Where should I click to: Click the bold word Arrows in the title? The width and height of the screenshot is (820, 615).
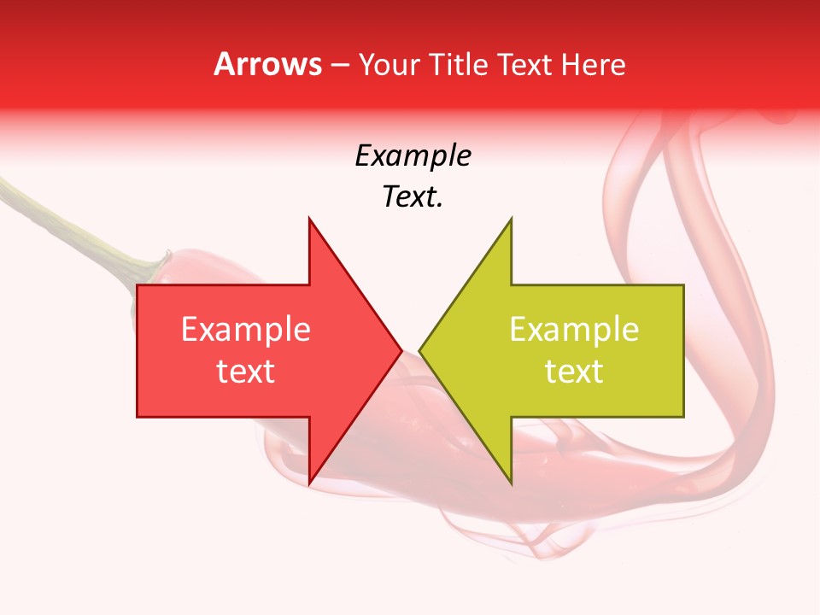point(268,65)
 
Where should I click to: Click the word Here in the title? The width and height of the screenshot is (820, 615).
point(593,65)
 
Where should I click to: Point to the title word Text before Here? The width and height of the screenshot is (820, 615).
point(524,65)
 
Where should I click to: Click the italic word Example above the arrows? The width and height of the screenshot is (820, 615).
point(413,156)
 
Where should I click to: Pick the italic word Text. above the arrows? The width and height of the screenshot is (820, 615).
point(413,197)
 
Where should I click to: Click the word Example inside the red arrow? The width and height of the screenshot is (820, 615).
point(245,330)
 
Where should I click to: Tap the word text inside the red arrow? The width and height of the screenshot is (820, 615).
point(245,372)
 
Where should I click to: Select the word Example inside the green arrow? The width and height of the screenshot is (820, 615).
point(574,330)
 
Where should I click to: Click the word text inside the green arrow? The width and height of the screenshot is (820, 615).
point(574,372)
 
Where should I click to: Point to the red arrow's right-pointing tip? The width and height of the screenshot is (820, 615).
point(401,350)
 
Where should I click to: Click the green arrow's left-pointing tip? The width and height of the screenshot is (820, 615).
point(419,350)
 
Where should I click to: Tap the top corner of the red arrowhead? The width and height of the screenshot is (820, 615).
point(309,218)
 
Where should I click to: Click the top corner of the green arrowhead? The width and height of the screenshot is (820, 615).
point(511,218)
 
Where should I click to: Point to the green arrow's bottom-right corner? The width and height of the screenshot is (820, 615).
point(683,416)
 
